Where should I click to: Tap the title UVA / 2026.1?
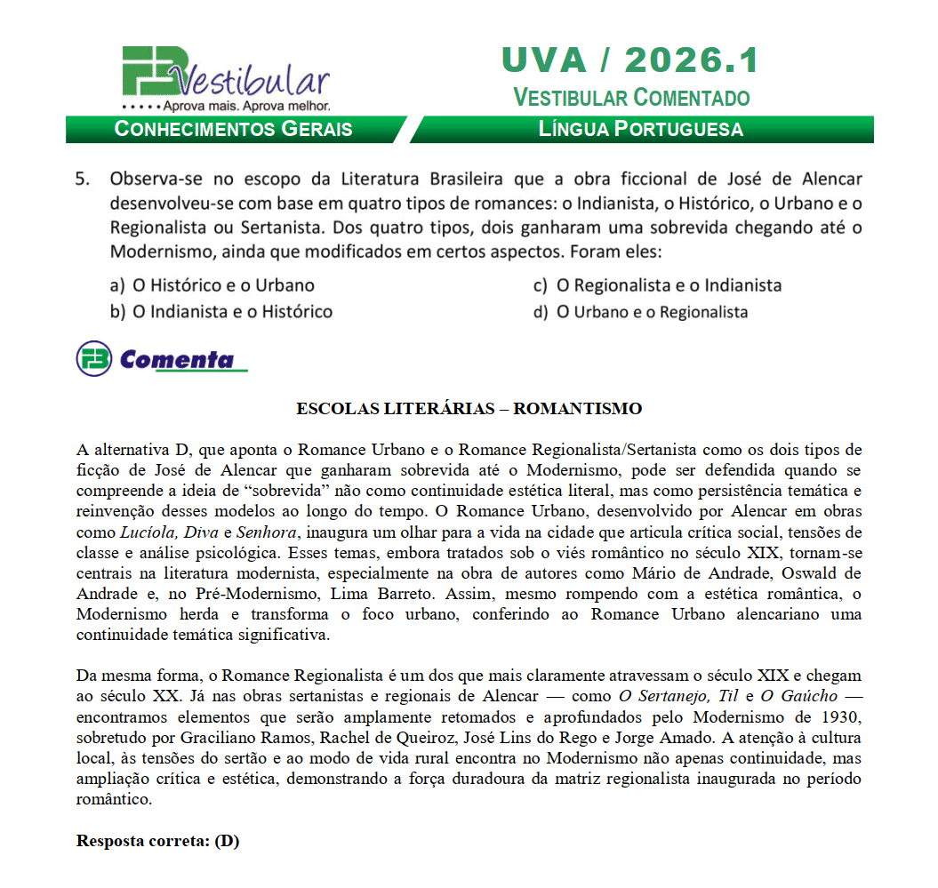pyautogui.click(x=630, y=60)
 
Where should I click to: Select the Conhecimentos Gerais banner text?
pyautogui.click(x=234, y=129)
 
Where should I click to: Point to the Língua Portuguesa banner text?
pyautogui.click(x=641, y=129)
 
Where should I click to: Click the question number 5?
pyautogui.click(x=83, y=178)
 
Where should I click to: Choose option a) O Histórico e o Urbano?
pyautogui.click(x=212, y=285)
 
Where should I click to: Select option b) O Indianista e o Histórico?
pyautogui.click(x=221, y=312)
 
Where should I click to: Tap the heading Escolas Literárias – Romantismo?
pyautogui.click(x=469, y=409)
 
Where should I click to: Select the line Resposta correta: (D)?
pyautogui.click(x=157, y=841)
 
